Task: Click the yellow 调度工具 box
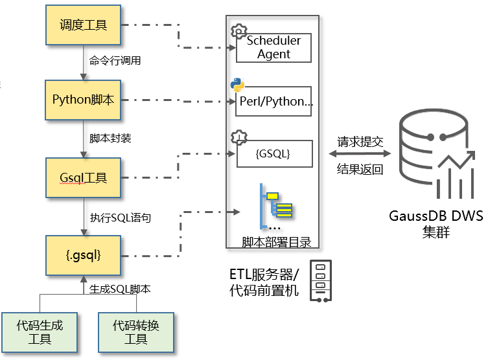[83, 26]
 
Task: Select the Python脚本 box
[83, 100]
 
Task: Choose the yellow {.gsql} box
[83, 255]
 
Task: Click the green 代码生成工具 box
[40, 332]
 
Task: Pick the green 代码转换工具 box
[135, 332]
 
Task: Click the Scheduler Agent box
[273, 47]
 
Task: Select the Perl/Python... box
[273, 102]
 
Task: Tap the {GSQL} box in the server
[273, 155]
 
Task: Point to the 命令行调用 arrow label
[115, 62]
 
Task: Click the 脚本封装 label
[110, 139]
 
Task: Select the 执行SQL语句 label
[120, 218]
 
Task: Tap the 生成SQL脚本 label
[120, 289]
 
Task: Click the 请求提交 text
[360, 141]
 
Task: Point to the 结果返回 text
[360, 170]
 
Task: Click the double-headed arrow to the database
[360, 155]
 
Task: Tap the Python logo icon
[237, 85]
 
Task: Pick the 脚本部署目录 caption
[276, 242]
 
